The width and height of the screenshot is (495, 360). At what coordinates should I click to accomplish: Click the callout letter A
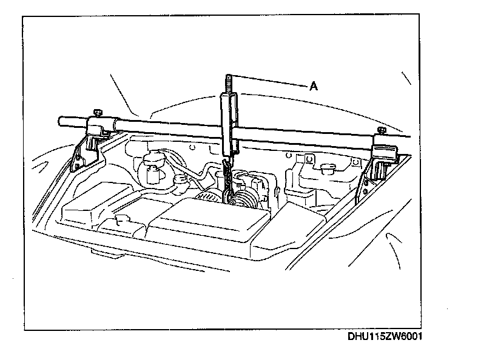pyautogui.click(x=314, y=86)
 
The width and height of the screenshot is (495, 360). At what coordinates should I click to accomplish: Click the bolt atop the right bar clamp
pyautogui.click(x=381, y=130)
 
